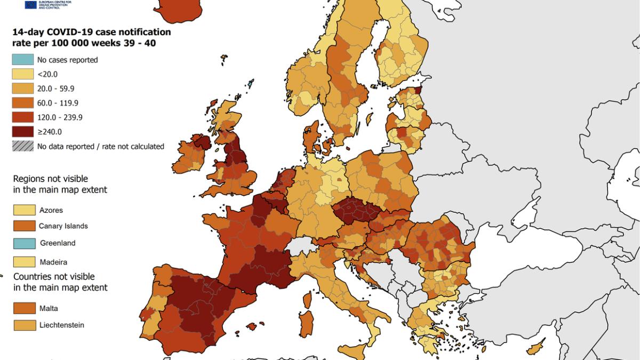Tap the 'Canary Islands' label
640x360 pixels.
63,226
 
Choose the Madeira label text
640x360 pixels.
53,262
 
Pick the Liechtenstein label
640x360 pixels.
61,325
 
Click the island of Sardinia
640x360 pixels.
307,323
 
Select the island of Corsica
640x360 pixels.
308,300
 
